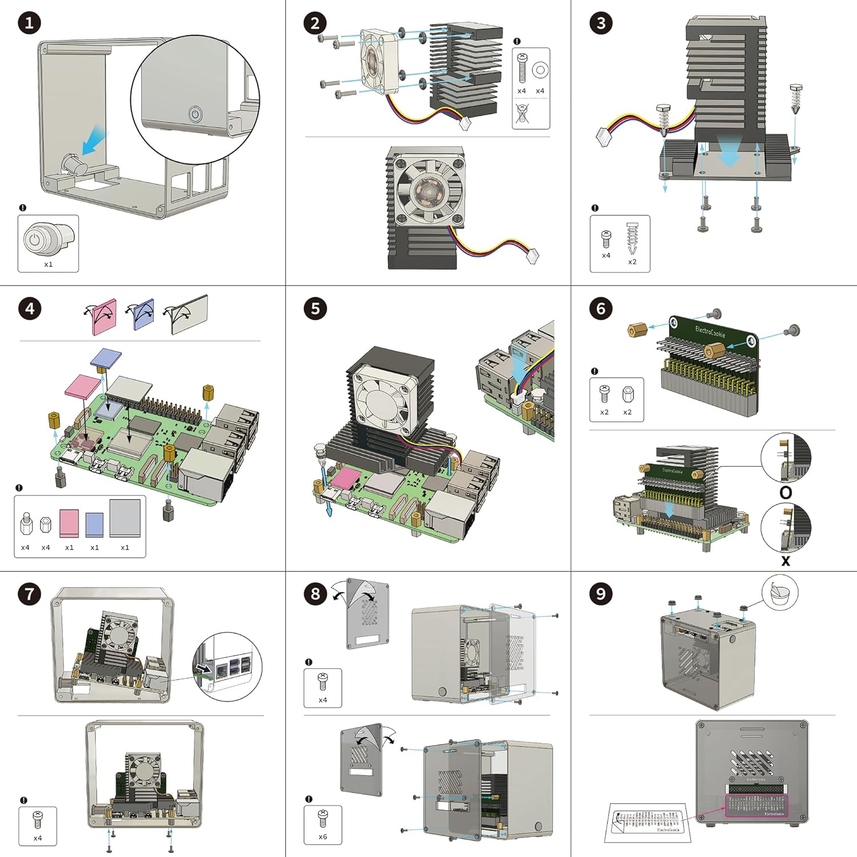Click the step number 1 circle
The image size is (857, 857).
(x=29, y=23)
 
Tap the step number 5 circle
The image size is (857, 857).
(x=315, y=309)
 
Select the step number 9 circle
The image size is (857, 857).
(x=600, y=594)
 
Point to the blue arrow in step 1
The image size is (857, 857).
(x=94, y=139)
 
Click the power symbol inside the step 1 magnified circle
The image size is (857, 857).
(x=195, y=114)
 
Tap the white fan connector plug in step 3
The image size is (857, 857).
(x=604, y=137)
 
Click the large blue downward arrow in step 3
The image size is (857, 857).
(x=729, y=153)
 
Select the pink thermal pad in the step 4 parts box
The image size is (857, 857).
(x=69, y=523)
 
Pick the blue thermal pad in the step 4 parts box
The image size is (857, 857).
(x=94, y=524)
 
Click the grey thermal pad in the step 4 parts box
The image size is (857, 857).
(x=125, y=518)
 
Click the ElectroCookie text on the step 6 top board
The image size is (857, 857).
(x=710, y=331)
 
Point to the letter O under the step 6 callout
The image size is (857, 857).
(x=786, y=492)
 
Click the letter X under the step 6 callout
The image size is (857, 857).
(x=786, y=561)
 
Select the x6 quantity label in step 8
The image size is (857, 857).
(x=323, y=836)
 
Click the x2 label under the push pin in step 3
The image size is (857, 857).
(x=632, y=262)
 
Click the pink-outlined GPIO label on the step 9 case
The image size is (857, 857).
(x=756, y=804)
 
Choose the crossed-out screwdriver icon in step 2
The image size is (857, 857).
(x=522, y=114)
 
